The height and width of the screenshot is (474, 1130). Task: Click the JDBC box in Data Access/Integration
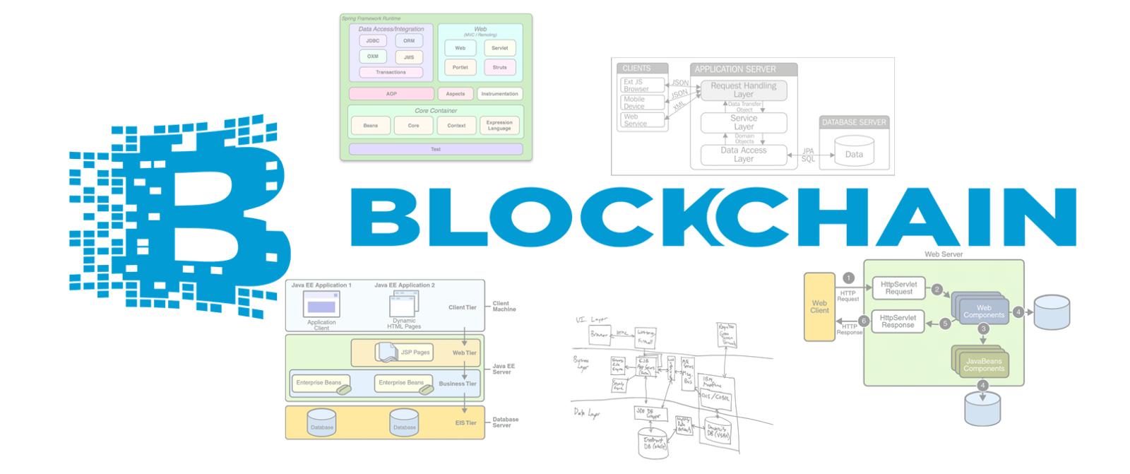372,41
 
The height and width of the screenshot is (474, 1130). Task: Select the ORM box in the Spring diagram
409,41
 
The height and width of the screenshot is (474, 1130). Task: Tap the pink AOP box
391,94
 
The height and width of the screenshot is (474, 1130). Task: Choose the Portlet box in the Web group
460,68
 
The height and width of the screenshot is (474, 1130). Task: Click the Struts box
499,68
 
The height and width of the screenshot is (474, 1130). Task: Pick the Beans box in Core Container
370,126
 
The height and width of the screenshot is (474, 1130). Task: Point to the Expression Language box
499,126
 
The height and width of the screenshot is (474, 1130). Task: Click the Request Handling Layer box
743,90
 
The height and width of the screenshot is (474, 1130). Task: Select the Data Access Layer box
743,155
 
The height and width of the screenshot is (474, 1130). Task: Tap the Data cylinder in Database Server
854,153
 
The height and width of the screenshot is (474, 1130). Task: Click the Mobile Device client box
642,103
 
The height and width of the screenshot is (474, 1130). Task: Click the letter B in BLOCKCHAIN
385,217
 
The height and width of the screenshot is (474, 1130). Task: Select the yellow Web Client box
819,307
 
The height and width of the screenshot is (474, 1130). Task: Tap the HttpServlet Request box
898,288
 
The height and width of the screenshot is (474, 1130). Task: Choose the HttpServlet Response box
898,322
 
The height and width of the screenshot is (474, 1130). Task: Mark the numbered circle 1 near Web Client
848,278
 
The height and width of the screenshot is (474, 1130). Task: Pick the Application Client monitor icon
321,305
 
